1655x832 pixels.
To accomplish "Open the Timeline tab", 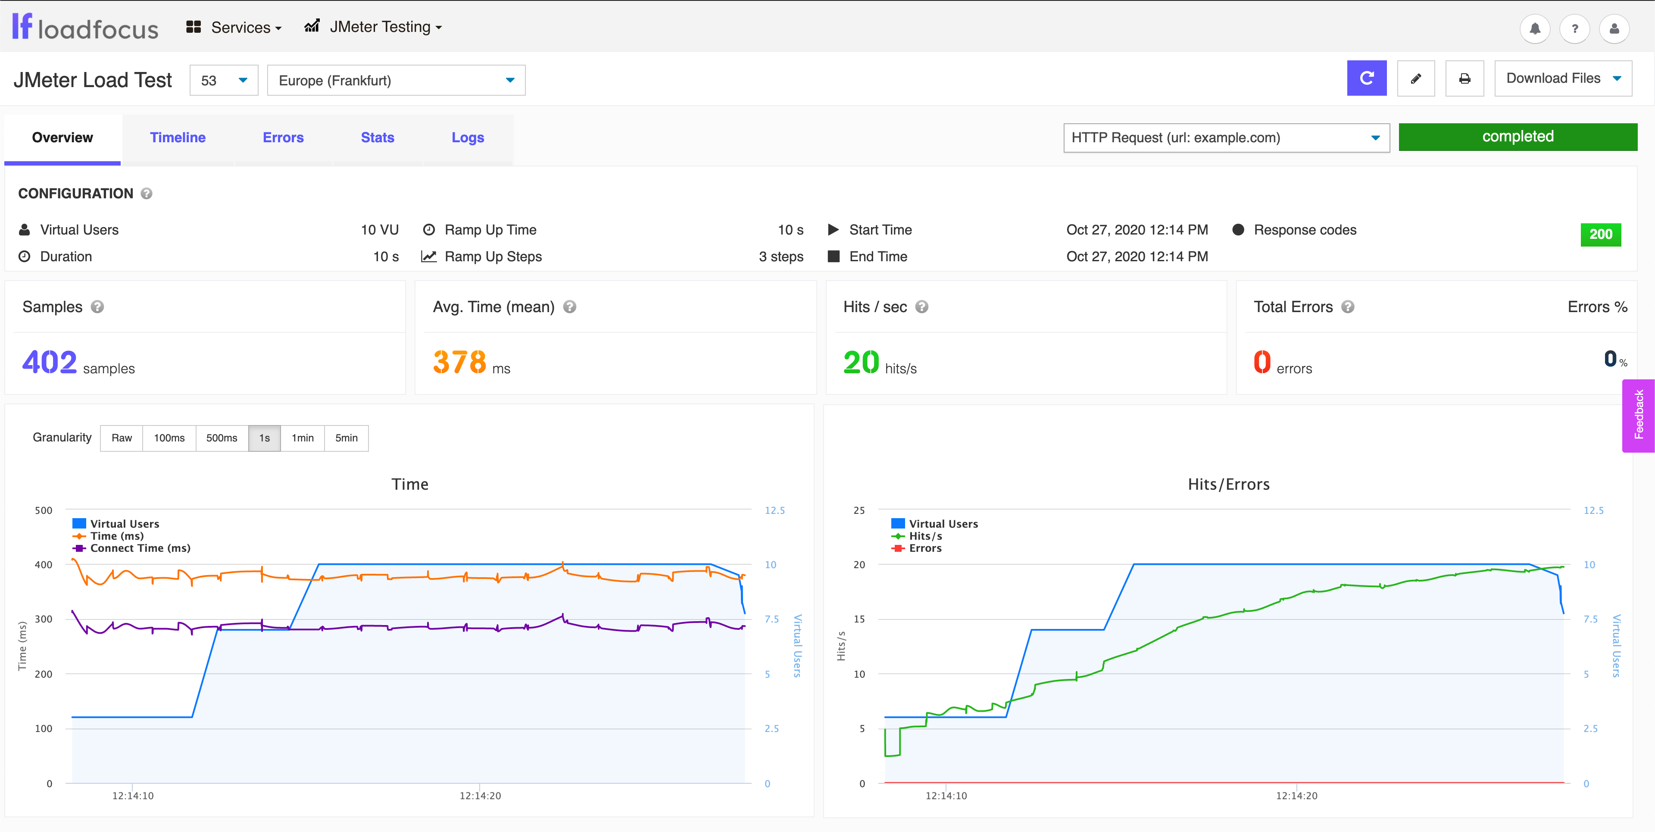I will tap(177, 138).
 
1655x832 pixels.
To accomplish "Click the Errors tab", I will tap(283, 138).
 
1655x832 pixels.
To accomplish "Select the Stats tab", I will tap(377, 138).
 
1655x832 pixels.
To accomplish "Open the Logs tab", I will tap(467, 138).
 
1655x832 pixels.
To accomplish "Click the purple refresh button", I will tap(1367, 78).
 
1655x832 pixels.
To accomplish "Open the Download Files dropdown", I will tap(1562, 78).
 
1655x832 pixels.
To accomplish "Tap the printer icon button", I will tap(1464, 78).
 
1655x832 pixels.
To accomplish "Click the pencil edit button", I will tap(1415, 78).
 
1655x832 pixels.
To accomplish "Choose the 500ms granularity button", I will tap(222, 438).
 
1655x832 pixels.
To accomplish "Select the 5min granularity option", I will tap(346, 438).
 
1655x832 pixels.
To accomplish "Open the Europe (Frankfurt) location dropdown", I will tap(396, 80).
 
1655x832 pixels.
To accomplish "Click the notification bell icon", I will tap(1535, 29).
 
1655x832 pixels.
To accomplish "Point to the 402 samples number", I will tap(50, 363).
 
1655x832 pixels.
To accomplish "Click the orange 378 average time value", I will tap(459, 363).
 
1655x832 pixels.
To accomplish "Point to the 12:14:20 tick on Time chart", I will tap(480, 795).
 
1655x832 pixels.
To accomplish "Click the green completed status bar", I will tap(1518, 137).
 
